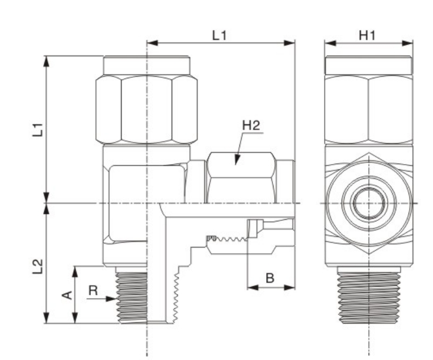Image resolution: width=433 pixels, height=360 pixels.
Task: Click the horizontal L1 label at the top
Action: [x=219, y=35]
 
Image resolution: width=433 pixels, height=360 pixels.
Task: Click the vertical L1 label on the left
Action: [x=38, y=129]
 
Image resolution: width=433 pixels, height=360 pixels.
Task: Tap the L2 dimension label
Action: [x=38, y=266]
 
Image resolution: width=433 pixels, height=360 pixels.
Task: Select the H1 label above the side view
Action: [x=367, y=35]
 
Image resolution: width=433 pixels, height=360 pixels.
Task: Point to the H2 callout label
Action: [x=251, y=125]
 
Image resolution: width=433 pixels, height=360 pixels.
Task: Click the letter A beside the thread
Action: [x=67, y=295]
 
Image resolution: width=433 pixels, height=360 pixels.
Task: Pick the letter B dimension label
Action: [x=270, y=278]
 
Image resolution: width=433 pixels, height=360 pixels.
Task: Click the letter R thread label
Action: [x=93, y=290]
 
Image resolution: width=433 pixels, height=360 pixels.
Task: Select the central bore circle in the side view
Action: [x=369, y=203]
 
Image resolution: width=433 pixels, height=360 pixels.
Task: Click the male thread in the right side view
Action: [x=369, y=298]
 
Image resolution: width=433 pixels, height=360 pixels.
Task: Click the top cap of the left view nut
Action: [x=146, y=65]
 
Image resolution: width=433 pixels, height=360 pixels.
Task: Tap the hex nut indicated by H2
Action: [x=241, y=177]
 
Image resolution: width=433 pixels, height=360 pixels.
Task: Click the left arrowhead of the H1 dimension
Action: [x=330, y=43]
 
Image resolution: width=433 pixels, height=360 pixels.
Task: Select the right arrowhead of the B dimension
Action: [x=289, y=288]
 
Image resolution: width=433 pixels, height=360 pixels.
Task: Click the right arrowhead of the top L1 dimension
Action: [x=289, y=43]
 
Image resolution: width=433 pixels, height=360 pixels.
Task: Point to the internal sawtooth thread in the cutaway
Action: [x=227, y=238]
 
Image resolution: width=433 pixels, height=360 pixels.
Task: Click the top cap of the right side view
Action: [x=369, y=65]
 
